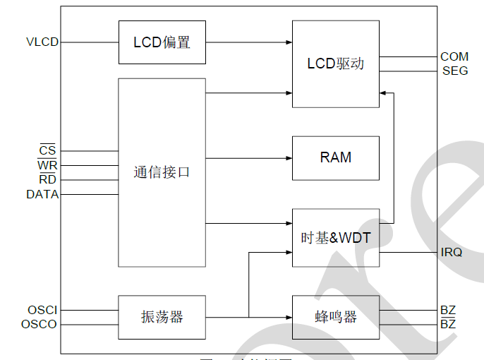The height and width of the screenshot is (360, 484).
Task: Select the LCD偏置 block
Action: pos(162,42)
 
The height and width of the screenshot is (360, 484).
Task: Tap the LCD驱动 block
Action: pos(335,64)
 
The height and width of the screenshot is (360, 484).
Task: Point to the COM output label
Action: pos(454,56)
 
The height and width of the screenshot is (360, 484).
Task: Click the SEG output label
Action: pos(455,71)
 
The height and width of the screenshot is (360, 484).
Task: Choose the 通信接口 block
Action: pos(162,172)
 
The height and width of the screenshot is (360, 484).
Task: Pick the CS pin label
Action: pos(47,151)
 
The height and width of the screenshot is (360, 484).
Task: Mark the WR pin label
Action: pos(47,165)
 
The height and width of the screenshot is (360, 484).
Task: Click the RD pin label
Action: pos(47,179)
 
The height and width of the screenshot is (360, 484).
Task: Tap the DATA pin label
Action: pos(42,194)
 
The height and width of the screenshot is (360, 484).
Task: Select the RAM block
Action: pos(335,157)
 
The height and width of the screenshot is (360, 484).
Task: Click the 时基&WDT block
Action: pos(335,238)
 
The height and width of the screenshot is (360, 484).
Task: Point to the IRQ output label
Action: pos(452,252)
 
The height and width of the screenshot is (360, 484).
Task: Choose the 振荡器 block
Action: pos(162,317)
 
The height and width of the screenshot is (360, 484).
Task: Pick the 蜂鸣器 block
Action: pos(335,317)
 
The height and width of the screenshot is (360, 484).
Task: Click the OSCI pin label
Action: pos(42,310)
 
